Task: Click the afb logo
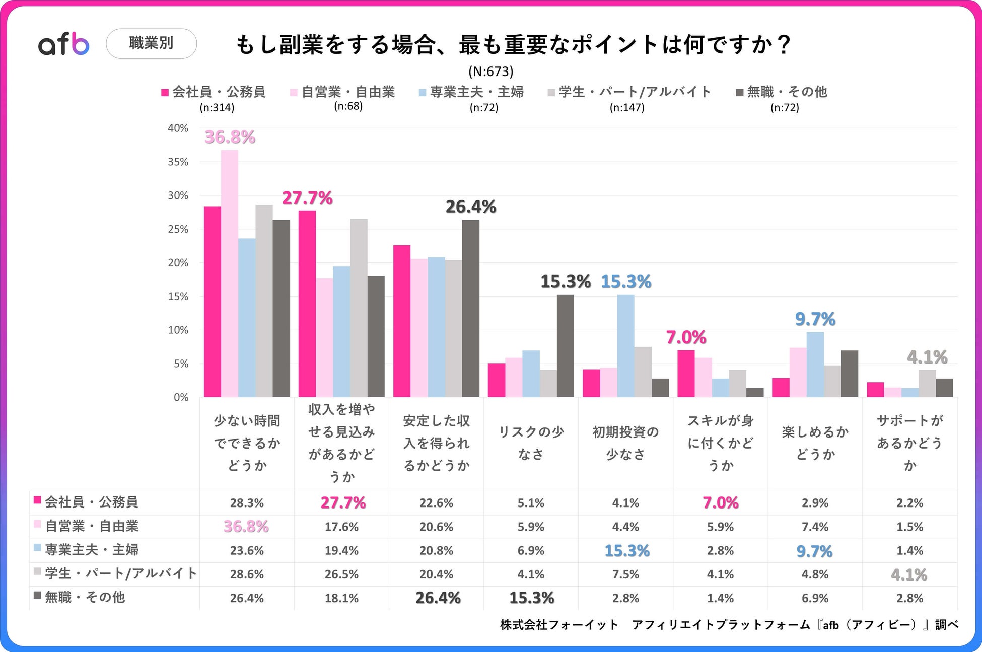63,44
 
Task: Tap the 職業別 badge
151,43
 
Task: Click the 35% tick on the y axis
178,162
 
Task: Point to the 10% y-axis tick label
178,330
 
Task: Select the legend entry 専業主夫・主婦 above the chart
476,92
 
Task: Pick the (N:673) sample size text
490,71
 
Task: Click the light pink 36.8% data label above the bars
230,137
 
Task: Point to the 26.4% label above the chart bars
471,207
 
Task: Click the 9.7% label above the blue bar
815,319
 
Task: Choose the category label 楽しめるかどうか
815,443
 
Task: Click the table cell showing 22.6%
436,503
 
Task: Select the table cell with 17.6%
341,527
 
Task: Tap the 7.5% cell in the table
625,574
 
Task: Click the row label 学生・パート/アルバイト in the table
120,573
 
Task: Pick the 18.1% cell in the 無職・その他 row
341,598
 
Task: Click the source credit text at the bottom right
729,625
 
